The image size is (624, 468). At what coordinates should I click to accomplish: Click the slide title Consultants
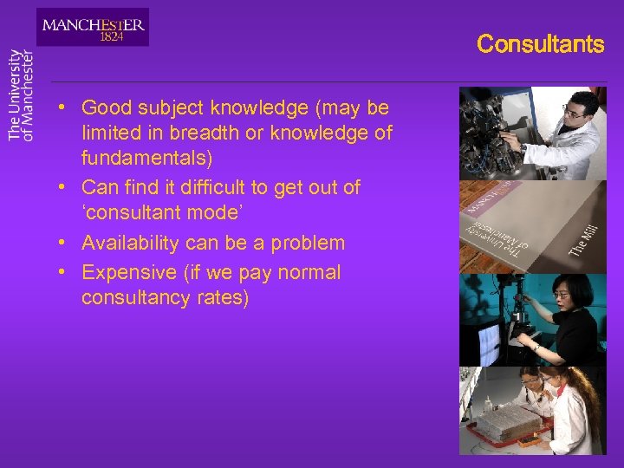540,44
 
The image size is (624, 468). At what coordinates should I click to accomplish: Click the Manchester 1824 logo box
93,27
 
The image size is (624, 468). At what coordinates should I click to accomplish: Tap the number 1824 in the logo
111,37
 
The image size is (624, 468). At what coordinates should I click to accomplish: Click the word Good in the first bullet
104,108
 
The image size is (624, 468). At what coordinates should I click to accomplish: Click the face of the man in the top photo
576,111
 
